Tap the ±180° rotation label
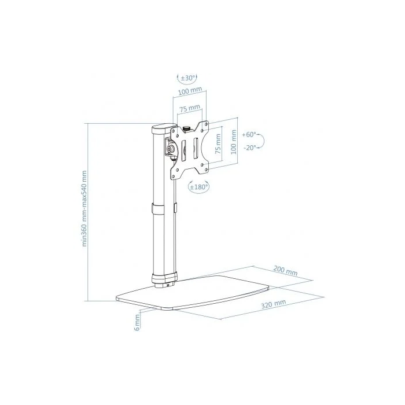click(198, 186)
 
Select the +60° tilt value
click(249, 134)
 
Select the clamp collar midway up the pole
click(163, 209)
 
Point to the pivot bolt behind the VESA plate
click(171, 149)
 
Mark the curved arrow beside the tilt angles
click(262, 141)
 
